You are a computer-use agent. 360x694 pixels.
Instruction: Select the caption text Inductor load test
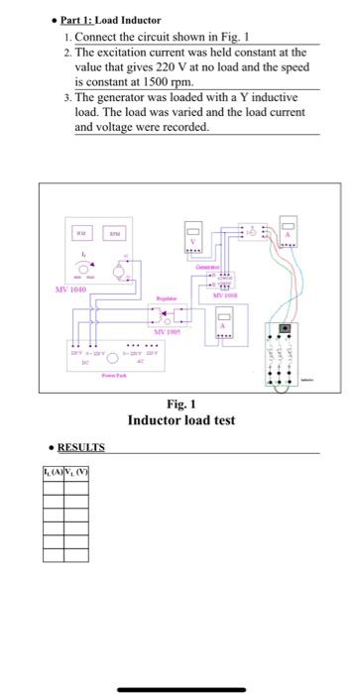click(181, 420)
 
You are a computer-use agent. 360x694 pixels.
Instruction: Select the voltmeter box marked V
click(196, 239)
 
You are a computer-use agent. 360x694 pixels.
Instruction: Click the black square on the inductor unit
click(288, 327)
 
